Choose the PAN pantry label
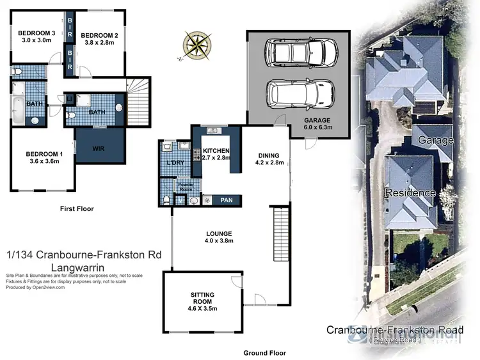tap(226, 200)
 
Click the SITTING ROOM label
tap(202, 299)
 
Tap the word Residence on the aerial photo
tap(410, 192)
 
